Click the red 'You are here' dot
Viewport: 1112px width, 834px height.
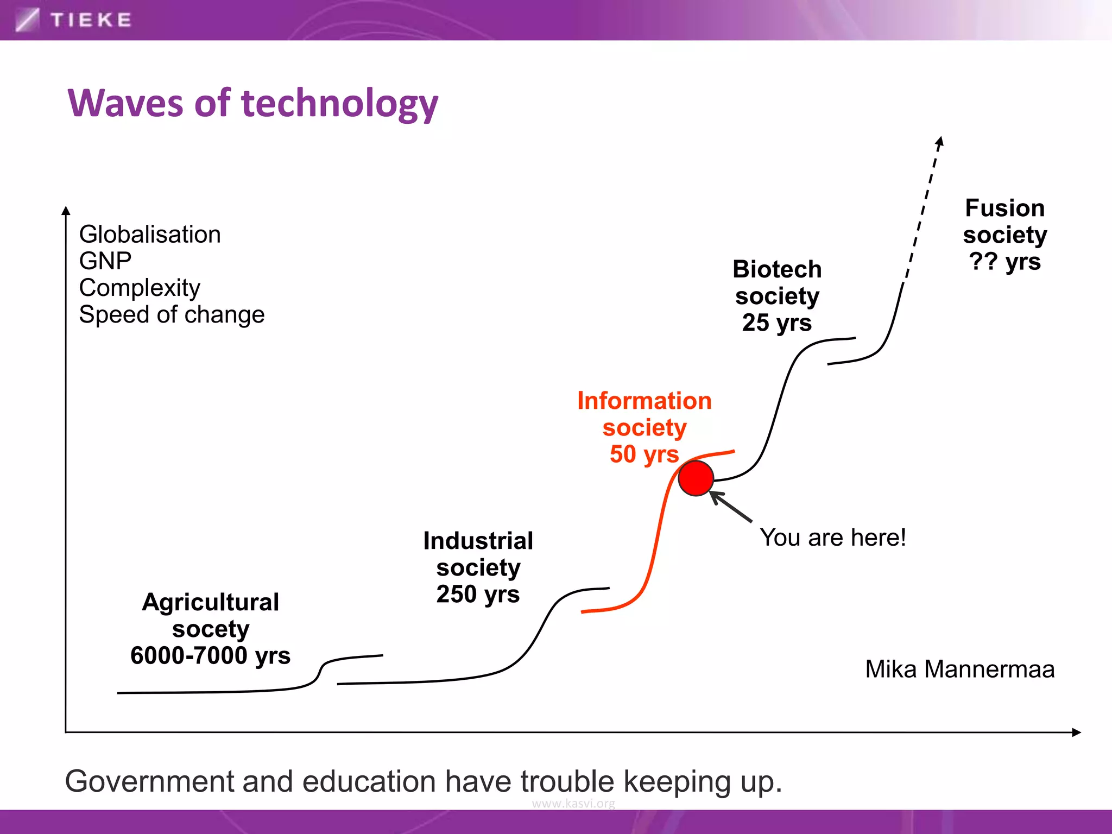tap(696, 478)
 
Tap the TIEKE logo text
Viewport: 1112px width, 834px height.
tap(91, 20)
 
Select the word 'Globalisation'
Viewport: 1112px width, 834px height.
tap(150, 235)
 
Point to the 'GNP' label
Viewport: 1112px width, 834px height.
tap(105, 261)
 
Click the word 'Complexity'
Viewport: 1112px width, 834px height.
tap(140, 288)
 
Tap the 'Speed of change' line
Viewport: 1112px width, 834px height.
tap(172, 315)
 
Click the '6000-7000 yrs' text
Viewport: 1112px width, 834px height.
tap(210, 655)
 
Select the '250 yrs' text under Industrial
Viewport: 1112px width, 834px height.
tap(478, 594)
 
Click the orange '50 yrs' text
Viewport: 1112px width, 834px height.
tap(644, 454)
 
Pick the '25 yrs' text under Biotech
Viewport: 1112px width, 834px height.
tap(776, 323)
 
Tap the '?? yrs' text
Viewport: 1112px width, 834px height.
tap(1005, 261)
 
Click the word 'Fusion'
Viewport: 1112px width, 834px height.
tap(1004, 208)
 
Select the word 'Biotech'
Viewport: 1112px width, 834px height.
tap(777, 269)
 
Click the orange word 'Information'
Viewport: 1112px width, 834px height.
tap(644, 401)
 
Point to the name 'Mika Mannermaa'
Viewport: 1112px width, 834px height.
tap(959, 669)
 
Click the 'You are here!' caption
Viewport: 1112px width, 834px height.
tap(832, 538)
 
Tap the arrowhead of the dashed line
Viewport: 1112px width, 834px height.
tap(940, 142)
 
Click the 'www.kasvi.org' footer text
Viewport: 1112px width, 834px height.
tap(573, 804)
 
